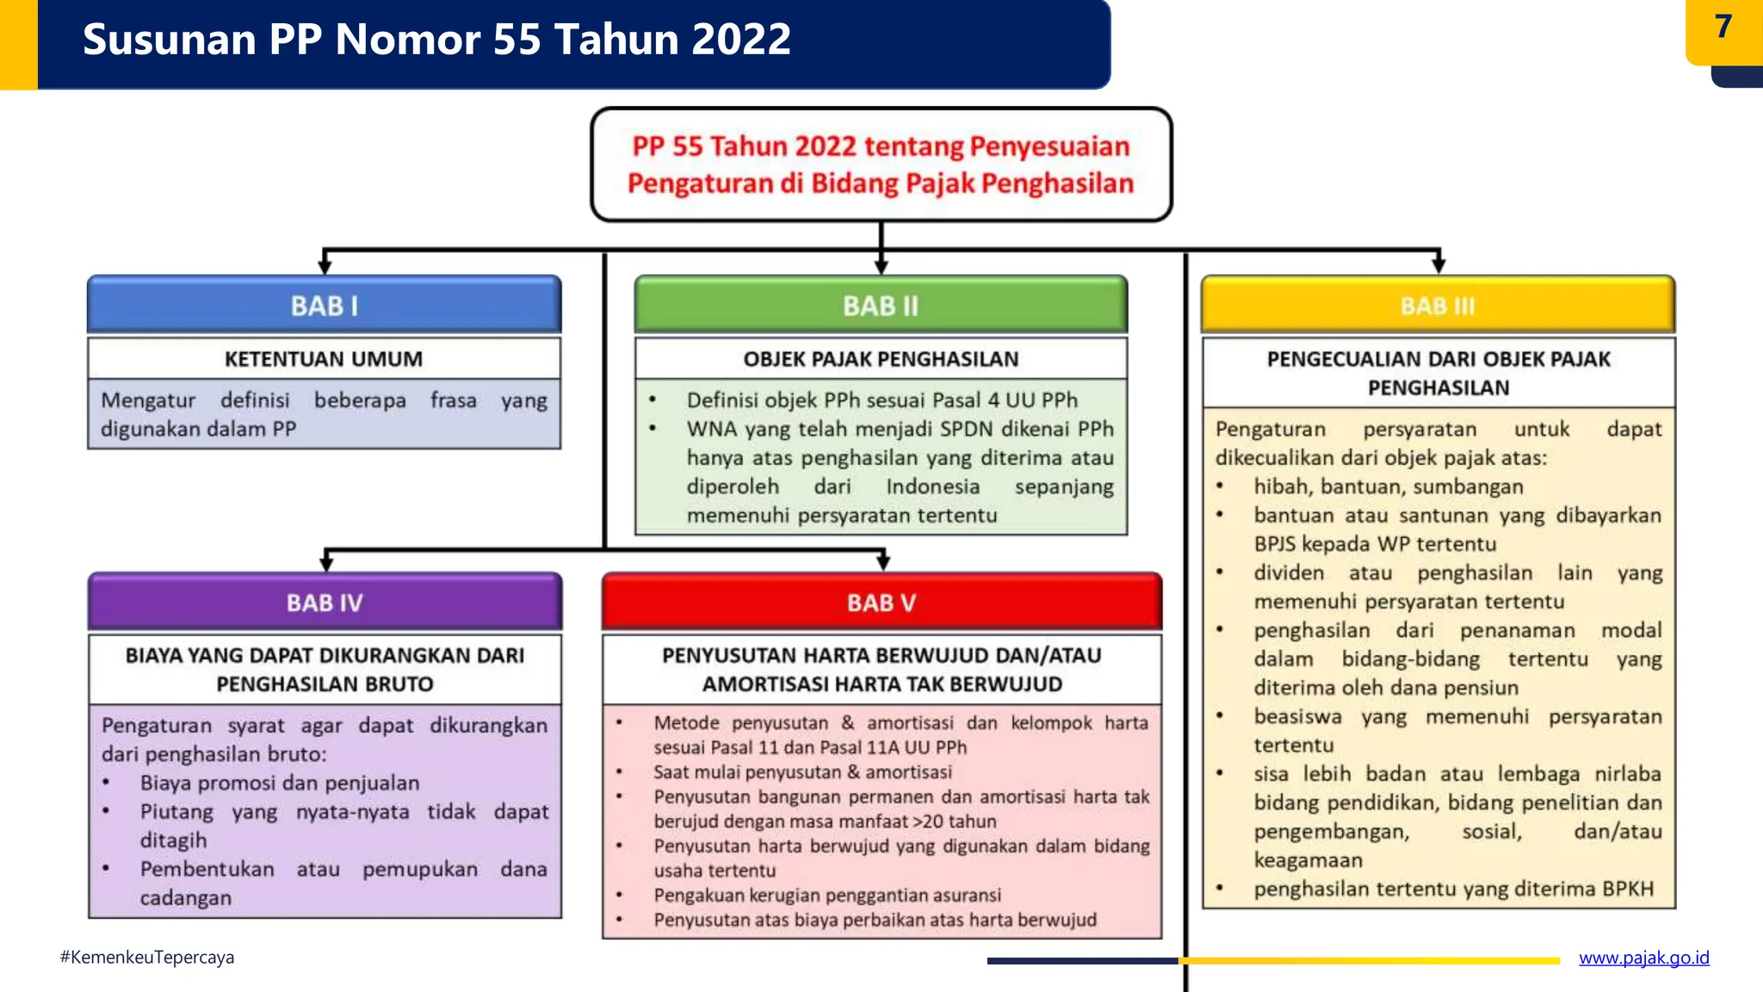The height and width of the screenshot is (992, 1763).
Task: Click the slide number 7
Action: coord(1723,28)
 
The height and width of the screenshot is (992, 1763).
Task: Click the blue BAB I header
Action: coord(324,306)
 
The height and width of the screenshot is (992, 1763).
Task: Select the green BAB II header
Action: coord(881,306)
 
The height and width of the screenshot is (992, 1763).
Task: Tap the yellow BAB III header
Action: coord(1438,306)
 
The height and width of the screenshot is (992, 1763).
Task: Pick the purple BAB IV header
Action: coord(325,603)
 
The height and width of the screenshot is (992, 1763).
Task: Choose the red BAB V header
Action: coord(881,603)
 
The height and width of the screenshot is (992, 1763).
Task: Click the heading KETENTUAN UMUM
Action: coord(324,359)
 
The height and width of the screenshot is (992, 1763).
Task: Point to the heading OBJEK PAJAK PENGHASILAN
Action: coord(881,359)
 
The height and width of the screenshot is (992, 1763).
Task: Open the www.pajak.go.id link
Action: coord(1643,958)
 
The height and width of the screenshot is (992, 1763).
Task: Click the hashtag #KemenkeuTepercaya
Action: coord(147,958)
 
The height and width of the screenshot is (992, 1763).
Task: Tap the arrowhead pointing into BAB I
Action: coord(325,266)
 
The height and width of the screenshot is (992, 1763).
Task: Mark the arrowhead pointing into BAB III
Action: coord(1438,266)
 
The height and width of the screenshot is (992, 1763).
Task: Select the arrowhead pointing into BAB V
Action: coord(883,563)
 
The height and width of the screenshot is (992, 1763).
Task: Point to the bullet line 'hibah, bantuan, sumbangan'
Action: coord(1388,487)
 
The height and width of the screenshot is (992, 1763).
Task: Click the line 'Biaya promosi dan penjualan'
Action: coord(280,783)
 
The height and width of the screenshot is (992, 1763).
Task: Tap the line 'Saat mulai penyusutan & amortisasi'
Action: coord(802,772)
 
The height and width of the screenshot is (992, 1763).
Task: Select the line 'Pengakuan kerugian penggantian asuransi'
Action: coord(827,896)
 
